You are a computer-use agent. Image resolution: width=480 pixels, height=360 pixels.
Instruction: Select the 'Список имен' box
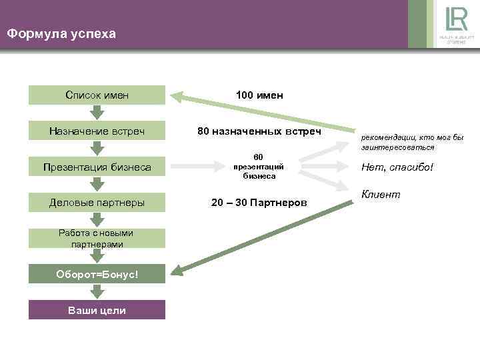pyautogui.click(x=97, y=95)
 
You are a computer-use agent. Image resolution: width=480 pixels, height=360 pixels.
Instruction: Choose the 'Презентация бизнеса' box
pyautogui.click(x=97, y=167)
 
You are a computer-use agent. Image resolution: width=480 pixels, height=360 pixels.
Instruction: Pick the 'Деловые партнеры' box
pyautogui.click(x=97, y=202)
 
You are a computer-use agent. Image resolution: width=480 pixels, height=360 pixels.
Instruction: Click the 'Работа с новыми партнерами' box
pyautogui.click(x=97, y=238)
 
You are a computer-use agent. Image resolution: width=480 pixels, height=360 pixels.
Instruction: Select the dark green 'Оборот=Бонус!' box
pyautogui.click(x=97, y=274)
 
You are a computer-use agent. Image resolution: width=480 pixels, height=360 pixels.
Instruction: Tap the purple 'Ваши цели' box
pyautogui.click(x=97, y=311)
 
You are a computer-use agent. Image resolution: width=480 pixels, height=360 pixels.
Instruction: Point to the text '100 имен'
pyautogui.click(x=259, y=95)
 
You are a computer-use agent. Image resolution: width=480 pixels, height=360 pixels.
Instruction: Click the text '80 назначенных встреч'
pyautogui.click(x=259, y=132)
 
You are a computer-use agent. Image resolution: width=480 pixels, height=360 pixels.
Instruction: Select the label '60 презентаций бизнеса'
pyautogui.click(x=259, y=167)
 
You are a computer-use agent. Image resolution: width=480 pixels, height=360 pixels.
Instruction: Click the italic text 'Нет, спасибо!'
pyautogui.click(x=397, y=167)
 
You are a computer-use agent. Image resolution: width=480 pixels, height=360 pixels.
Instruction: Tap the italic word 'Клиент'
pyautogui.click(x=381, y=194)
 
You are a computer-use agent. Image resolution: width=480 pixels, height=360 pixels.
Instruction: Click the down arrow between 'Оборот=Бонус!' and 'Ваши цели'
pyautogui.click(x=97, y=292)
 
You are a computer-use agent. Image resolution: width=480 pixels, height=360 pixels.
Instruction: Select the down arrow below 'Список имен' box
pyautogui.click(x=97, y=113)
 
